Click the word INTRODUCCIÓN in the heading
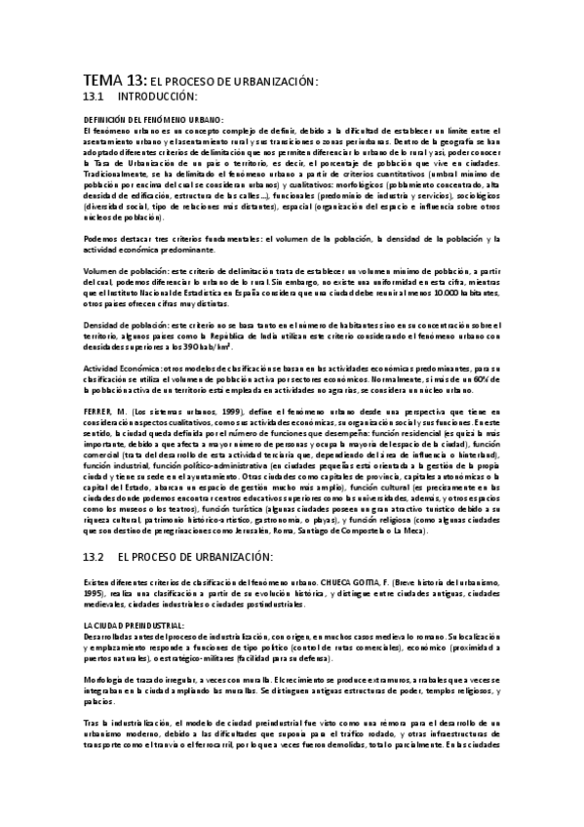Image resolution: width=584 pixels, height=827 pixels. click(158, 98)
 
